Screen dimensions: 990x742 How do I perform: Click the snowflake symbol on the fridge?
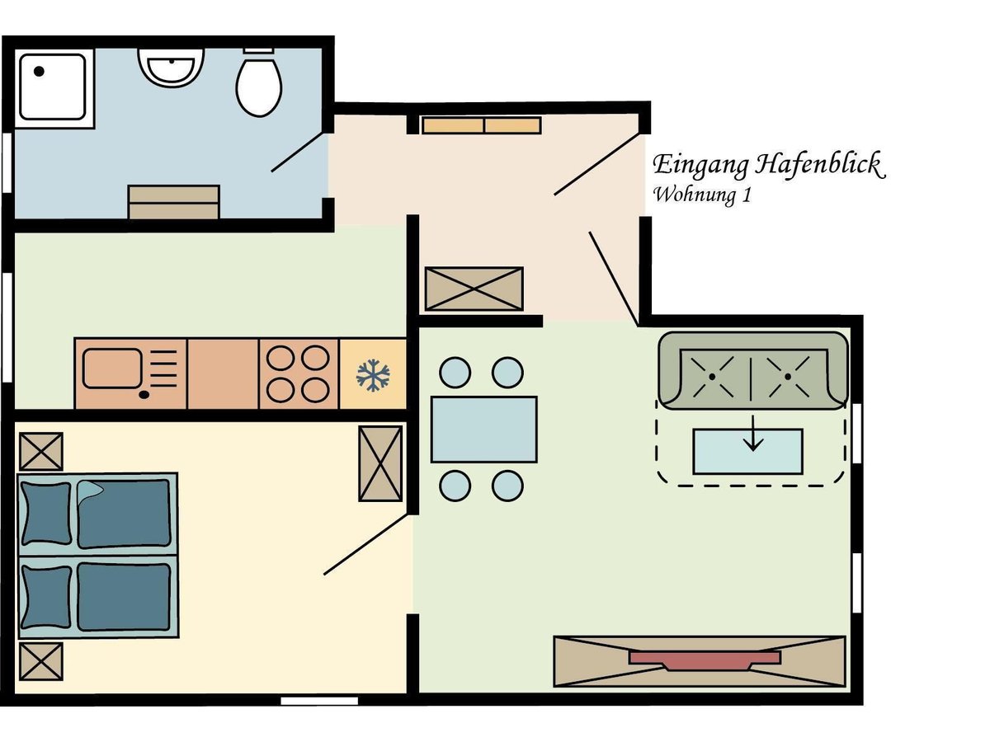tap(373, 374)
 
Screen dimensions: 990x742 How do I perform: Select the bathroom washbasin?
tap(171, 68)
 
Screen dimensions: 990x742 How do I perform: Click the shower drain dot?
tap(40, 71)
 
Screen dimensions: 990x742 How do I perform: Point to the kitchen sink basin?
tap(112, 369)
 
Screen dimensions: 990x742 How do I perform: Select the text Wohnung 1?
tap(702, 195)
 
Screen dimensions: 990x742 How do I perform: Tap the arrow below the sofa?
tap(752, 433)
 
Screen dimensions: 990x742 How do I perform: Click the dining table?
tap(484, 430)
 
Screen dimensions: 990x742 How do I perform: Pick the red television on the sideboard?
tap(705, 660)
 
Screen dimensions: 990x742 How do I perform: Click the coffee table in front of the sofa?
tap(747, 452)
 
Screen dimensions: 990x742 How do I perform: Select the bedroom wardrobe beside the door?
tap(380, 463)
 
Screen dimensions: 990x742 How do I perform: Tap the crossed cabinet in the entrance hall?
tap(474, 289)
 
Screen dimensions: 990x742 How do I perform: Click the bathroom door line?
tap(297, 152)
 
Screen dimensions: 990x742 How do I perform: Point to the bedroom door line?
tap(368, 545)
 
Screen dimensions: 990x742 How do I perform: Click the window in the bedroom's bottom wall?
tap(319, 701)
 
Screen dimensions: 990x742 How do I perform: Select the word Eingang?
tap(700, 166)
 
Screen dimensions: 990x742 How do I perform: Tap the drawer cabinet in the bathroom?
tap(173, 202)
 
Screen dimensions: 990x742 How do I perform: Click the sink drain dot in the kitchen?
tap(144, 395)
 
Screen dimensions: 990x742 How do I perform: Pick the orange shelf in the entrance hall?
tap(481, 125)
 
